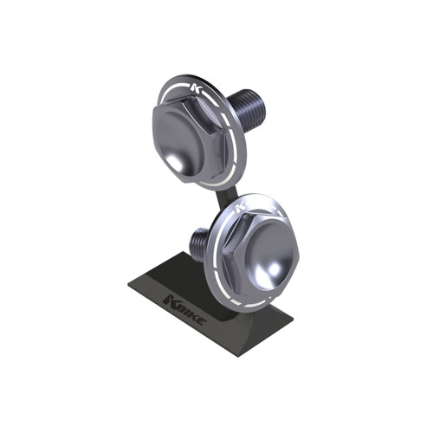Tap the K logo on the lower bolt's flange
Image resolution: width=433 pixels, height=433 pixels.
pos(241,207)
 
